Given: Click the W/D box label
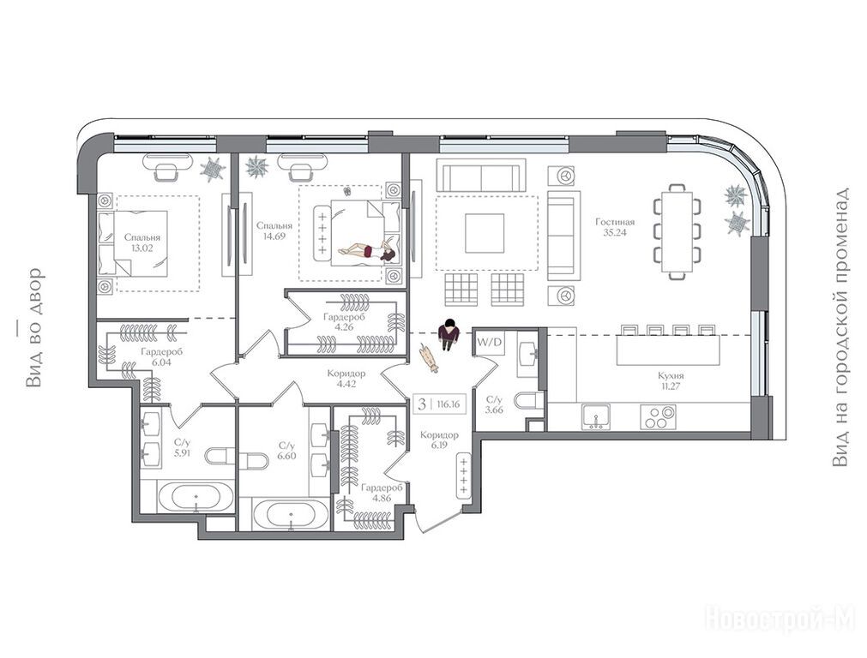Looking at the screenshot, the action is click(x=490, y=343).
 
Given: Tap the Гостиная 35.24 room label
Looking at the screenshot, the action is click(x=615, y=227).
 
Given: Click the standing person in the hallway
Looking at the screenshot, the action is click(x=449, y=334).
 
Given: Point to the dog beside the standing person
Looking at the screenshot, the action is click(x=429, y=357).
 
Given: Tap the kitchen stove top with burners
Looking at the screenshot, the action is click(x=658, y=416).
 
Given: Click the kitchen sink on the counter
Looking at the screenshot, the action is click(x=596, y=416).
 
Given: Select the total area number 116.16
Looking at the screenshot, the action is click(x=448, y=404).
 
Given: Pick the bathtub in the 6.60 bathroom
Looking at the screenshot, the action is click(x=291, y=515).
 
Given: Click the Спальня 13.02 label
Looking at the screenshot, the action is click(x=142, y=242).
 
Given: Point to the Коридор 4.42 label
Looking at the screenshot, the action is click(x=346, y=379).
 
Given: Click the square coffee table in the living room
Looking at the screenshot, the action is click(x=485, y=233).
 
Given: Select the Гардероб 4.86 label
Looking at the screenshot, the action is click(x=382, y=493).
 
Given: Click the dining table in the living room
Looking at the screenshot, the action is click(x=677, y=231).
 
